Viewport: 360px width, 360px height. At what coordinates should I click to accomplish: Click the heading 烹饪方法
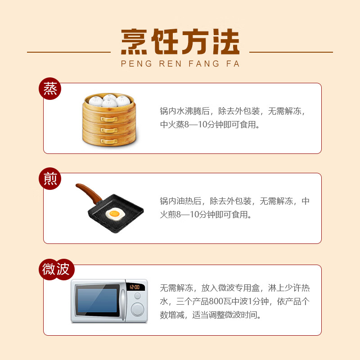[x=180, y=43]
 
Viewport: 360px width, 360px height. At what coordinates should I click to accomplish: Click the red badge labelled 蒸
[x=50, y=89]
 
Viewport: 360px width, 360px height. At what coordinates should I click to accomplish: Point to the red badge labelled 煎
[x=50, y=179]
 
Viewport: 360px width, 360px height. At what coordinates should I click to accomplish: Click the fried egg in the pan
[x=114, y=213]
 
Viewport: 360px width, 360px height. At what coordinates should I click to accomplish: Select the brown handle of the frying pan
[x=88, y=191]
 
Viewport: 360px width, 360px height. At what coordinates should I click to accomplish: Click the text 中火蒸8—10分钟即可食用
[x=210, y=125]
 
